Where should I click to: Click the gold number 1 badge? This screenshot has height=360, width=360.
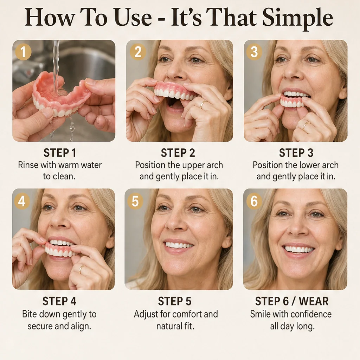point(23,52)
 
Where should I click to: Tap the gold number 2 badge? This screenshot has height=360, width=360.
point(138,52)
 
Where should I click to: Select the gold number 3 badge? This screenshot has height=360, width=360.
point(254,52)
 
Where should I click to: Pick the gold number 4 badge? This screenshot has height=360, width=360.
point(22,201)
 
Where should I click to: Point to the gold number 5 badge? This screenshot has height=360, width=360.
point(135,201)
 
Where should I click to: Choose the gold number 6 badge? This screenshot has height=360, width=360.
point(254,201)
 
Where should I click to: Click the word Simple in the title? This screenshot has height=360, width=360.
point(297,18)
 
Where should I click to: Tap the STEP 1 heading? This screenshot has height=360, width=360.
point(60,153)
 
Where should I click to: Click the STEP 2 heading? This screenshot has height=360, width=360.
point(178,153)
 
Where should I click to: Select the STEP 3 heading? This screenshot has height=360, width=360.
point(296,153)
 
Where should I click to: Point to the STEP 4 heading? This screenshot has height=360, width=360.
point(59,301)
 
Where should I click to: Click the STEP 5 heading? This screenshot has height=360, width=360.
point(174,301)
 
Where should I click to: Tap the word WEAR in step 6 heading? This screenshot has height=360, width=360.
point(314,301)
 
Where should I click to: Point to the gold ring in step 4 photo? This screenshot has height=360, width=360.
point(82,269)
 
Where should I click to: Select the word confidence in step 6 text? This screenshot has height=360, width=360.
point(313,314)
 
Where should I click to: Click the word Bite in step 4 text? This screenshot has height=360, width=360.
point(29,314)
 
